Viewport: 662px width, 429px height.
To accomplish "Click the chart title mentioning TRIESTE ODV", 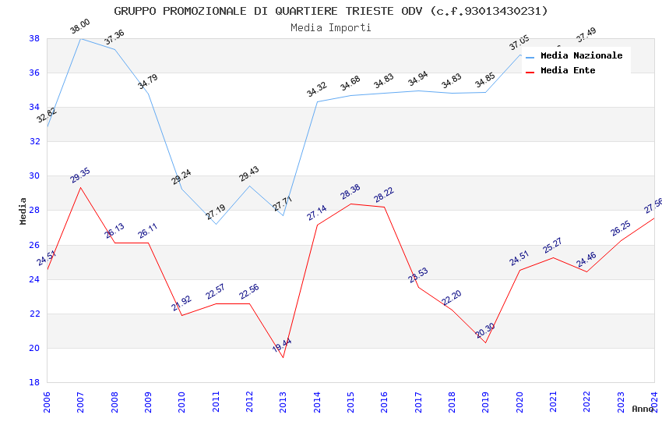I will [x=331, y=11].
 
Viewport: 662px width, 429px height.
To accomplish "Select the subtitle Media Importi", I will [x=331, y=27].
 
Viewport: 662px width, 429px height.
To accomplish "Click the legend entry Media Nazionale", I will [x=581, y=55].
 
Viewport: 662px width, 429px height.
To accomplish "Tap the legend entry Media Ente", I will [x=568, y=70].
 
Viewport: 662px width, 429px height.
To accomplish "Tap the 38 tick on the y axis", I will [x=34, y=38].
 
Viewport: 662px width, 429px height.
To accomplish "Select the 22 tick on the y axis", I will [x=34, y=314].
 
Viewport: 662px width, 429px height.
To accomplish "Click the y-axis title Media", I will [x=23, y=211].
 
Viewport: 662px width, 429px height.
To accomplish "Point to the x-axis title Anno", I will [x=643, y=409].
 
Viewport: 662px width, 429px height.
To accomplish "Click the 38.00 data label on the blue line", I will [x=80, y=27].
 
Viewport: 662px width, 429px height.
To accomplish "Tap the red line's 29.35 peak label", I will [x=80, y=176].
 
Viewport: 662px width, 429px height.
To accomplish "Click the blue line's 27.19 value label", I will [x=216, y=211].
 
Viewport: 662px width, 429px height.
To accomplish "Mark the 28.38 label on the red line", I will [x=350, y=193].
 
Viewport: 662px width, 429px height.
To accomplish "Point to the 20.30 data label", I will [x=485, y=331].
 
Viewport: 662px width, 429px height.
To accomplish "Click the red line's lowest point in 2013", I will [x=283, y=357].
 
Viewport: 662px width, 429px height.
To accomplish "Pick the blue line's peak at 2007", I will [x=80, y=38].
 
